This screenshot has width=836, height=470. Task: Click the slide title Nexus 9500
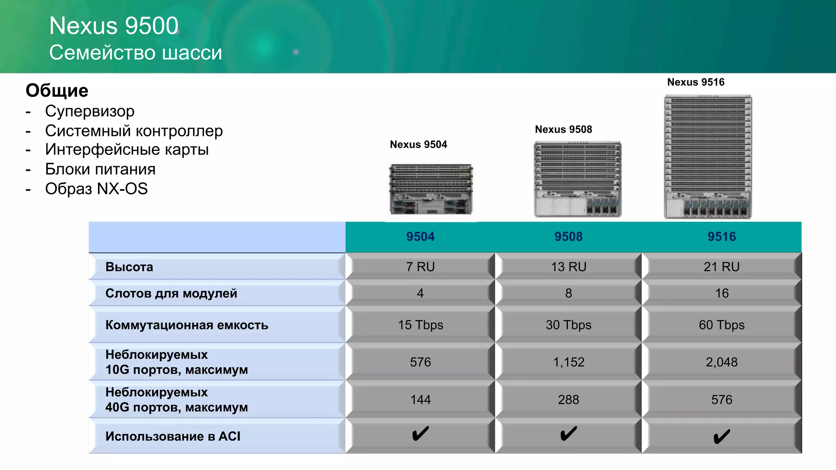pyautogui.click(x=113, y=26)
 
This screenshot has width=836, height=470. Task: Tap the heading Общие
pyautogui.click(x=57, y=91)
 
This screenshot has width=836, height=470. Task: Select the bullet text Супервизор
pyautogui.click(x=89, y=111)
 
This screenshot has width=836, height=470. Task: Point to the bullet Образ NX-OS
pyautogui.click(x=96, y=189)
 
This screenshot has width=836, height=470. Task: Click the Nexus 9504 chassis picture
pyautogui.click(x=431, y=189)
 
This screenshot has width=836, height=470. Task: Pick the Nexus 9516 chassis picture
pyautogui.click(x=708, y=157)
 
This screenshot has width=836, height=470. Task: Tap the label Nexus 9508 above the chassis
pyautogui.click(x=563, y=129)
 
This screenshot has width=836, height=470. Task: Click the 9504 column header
pyautogui.click(x=420, y=237)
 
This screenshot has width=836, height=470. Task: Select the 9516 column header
pyautogui.click(x=721, y=237)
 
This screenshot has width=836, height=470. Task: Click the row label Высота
pyautogui.click(x=129, y=267)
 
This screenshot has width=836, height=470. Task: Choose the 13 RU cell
pyautogui.click(x=568, y=267)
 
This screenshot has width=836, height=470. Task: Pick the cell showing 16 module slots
pyautogui.click(x=721, y=293)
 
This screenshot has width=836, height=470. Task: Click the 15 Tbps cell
pyautogui.click(x=420, y=325)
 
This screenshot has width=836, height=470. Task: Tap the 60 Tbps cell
pyautogui.click(x=721, y=325)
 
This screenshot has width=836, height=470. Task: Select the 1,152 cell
pyautogui.click(x=568, y=362)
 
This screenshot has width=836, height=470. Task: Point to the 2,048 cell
pyautogui.click(x=721, y=362)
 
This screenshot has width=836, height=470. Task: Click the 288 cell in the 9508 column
pyautogui.click(x=568, y=399)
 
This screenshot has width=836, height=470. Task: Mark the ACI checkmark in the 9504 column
pyautogui.click(x=420, y=434)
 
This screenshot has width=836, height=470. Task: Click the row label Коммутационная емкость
pyautogui.click(x=187, y=325)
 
